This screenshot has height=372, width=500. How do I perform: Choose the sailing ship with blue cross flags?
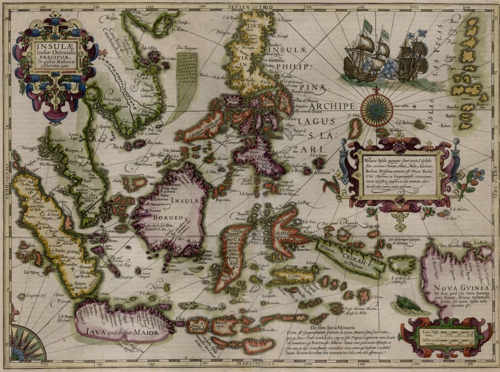[x=412, y=54]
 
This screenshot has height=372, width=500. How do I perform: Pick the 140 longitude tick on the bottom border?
[x=100, y=364]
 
